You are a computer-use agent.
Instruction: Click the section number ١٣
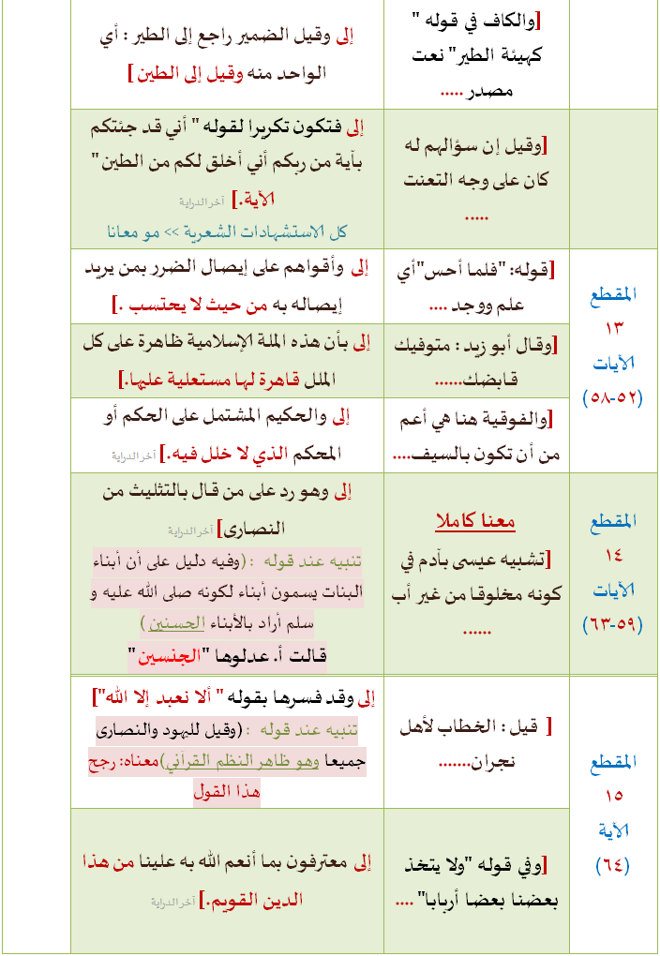pyautogui.click(x=615, y=328)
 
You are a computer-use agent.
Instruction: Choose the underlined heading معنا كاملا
pyautogui.click(x=475, y=521)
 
